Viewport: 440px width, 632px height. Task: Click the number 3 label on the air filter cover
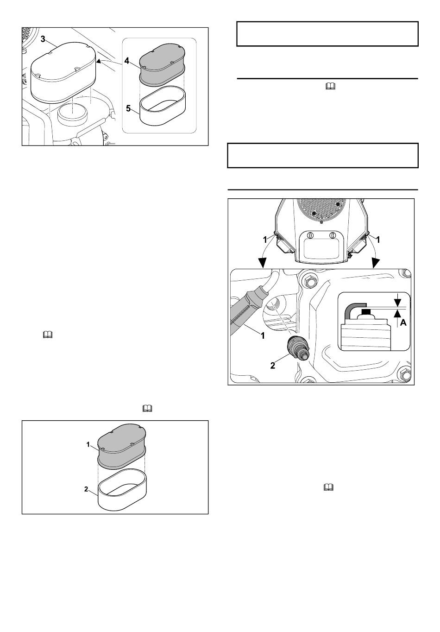43,39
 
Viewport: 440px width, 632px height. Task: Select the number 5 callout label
128,108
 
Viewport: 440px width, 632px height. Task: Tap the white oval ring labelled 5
163,107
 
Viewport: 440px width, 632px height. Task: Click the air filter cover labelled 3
63,72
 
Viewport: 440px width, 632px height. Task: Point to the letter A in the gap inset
403,323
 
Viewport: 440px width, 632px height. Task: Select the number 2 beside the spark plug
273,366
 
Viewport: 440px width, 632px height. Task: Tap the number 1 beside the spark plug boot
263,336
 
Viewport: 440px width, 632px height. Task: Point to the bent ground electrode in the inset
352,310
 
